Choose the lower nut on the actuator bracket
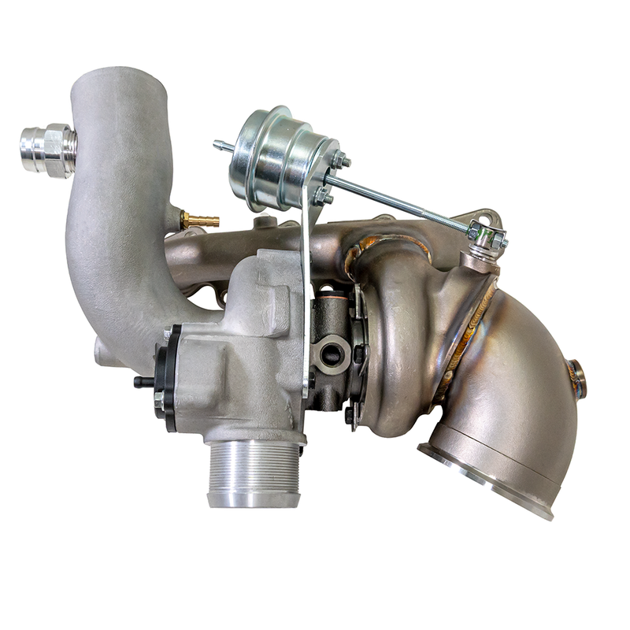(x=323, y=194)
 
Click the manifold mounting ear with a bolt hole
(x=484, y=216)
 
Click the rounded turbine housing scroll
(x=398, y=339)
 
